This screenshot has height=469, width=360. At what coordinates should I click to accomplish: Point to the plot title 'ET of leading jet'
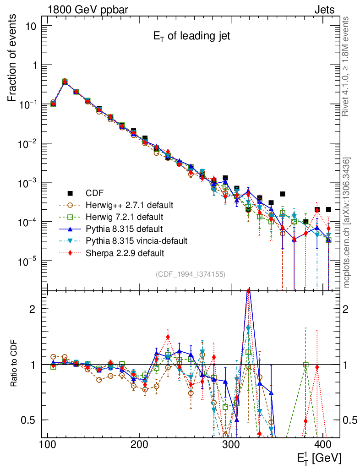[191, 37]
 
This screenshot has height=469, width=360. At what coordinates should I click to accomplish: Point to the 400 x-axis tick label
[324, 444]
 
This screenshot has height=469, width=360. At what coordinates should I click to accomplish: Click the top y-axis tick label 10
[31, 26]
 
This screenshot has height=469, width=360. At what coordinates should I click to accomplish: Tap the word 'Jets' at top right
[324, 10]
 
